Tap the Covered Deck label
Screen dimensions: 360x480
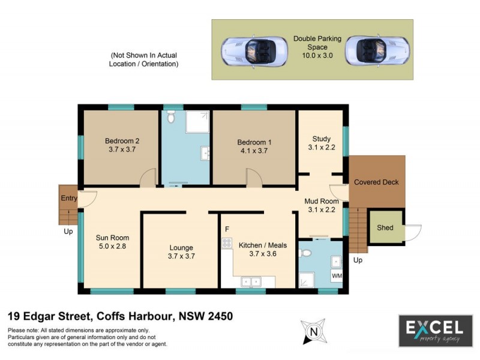(376, 182)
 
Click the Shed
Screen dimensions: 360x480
(385, 228)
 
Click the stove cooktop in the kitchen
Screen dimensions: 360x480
(227, 243)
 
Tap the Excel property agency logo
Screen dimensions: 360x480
(436, 331)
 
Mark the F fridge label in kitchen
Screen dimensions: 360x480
(227, 229)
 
